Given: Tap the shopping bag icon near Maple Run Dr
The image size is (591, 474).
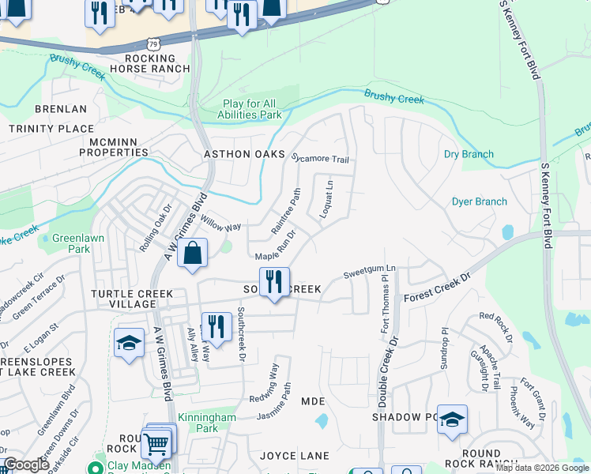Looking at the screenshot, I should coord(193,254).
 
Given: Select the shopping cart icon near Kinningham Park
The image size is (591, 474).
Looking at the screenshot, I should coord(156,444).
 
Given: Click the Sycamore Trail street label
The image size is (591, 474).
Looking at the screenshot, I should coord(320,159).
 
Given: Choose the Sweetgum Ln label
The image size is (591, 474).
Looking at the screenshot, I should coord(369,273).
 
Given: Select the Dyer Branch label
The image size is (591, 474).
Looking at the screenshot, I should coord(479,201).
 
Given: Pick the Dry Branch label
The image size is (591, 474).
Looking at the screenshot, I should coord(469,154).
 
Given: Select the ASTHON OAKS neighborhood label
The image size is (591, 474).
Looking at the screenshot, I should coord(244,154).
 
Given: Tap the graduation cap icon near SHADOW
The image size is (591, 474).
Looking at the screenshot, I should coord(452,420).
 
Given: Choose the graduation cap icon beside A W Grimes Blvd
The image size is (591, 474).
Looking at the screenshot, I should coord(129,344).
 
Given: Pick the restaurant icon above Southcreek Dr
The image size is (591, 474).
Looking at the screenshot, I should coord(216,327).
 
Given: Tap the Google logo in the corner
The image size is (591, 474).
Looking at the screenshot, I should coord(26,465).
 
